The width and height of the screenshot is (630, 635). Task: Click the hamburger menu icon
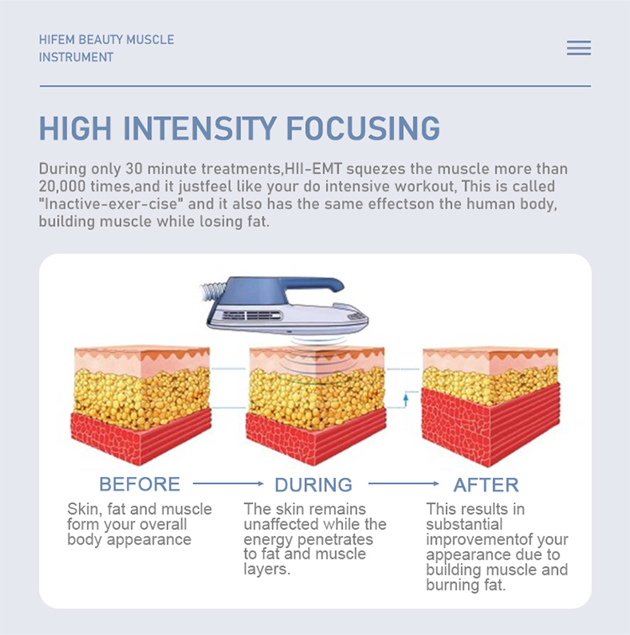point(579,48)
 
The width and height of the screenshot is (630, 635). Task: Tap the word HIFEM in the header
point(56,39)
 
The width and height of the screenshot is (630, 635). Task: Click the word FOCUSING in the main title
point(363,129)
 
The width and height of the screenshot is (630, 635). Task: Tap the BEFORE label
point(139,484)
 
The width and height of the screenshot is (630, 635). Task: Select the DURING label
point(313,485)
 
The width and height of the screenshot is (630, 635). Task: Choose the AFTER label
point(486,485)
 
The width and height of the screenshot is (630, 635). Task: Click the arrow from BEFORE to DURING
point(228,483)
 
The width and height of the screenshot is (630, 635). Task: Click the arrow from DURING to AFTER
point(403,483)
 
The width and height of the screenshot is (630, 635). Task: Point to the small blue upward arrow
point(406,400)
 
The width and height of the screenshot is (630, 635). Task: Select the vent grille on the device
point(252,315)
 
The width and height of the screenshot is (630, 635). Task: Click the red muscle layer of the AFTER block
point(490,425)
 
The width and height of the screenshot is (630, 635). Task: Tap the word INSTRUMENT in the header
point(76,57)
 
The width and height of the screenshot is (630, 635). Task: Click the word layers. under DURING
point(267,569)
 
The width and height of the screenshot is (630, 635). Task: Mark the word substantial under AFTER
point(464,524)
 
